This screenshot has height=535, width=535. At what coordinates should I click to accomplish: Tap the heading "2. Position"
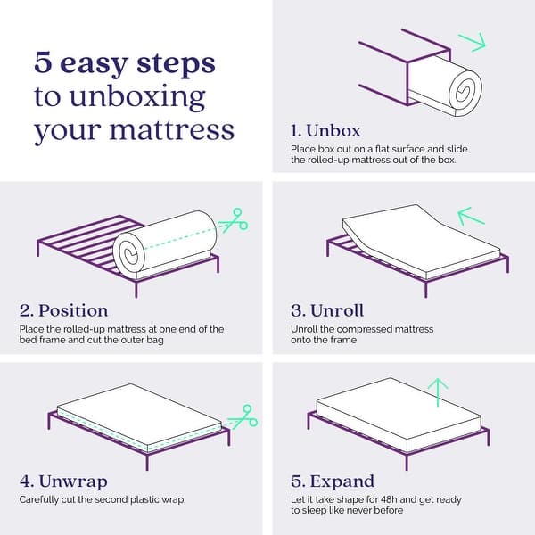coord(63,310)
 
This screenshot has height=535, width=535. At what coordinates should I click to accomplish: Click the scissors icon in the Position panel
coord(234,218)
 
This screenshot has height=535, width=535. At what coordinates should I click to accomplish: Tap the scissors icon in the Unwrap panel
coord(242,416)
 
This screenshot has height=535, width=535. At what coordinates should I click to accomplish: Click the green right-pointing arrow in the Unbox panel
coord(471,41)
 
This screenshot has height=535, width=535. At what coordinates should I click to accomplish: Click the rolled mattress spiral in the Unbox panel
coord(463,89)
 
